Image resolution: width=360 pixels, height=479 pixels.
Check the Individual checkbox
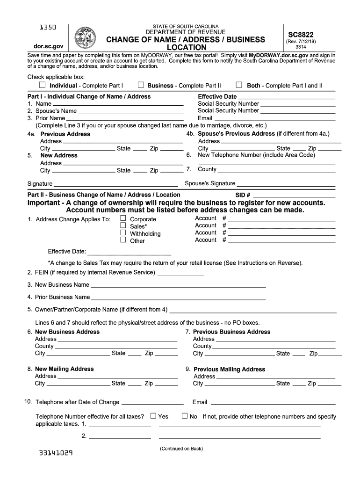(43, 85)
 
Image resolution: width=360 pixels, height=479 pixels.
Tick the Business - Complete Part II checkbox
(140, 85)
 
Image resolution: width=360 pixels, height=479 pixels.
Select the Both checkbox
(239, 85)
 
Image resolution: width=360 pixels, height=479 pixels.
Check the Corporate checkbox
(123, 218)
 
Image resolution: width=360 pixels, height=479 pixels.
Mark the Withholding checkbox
(123, 233)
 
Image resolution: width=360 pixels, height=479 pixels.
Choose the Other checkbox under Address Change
(123, 240)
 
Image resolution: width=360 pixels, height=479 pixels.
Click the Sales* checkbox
(123, 226)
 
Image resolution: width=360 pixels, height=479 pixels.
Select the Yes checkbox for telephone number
(153, 416)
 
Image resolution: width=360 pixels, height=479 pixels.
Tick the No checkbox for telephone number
(184, 416)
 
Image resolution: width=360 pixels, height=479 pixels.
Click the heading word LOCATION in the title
(187, 48)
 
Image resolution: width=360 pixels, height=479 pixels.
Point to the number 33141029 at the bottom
(56, 453)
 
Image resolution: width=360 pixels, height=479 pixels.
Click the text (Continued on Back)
(181, 449)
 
